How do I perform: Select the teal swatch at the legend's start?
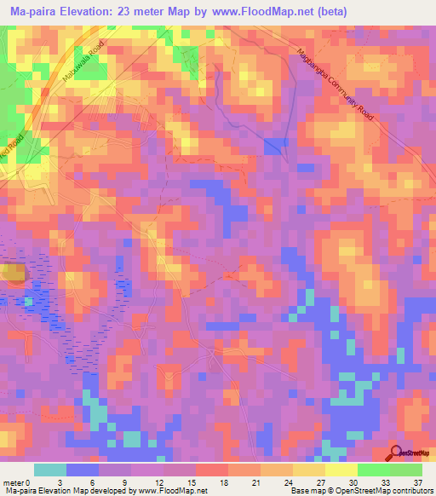click(x=50, y=470)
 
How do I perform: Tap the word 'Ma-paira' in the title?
click(x=32, y=12)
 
